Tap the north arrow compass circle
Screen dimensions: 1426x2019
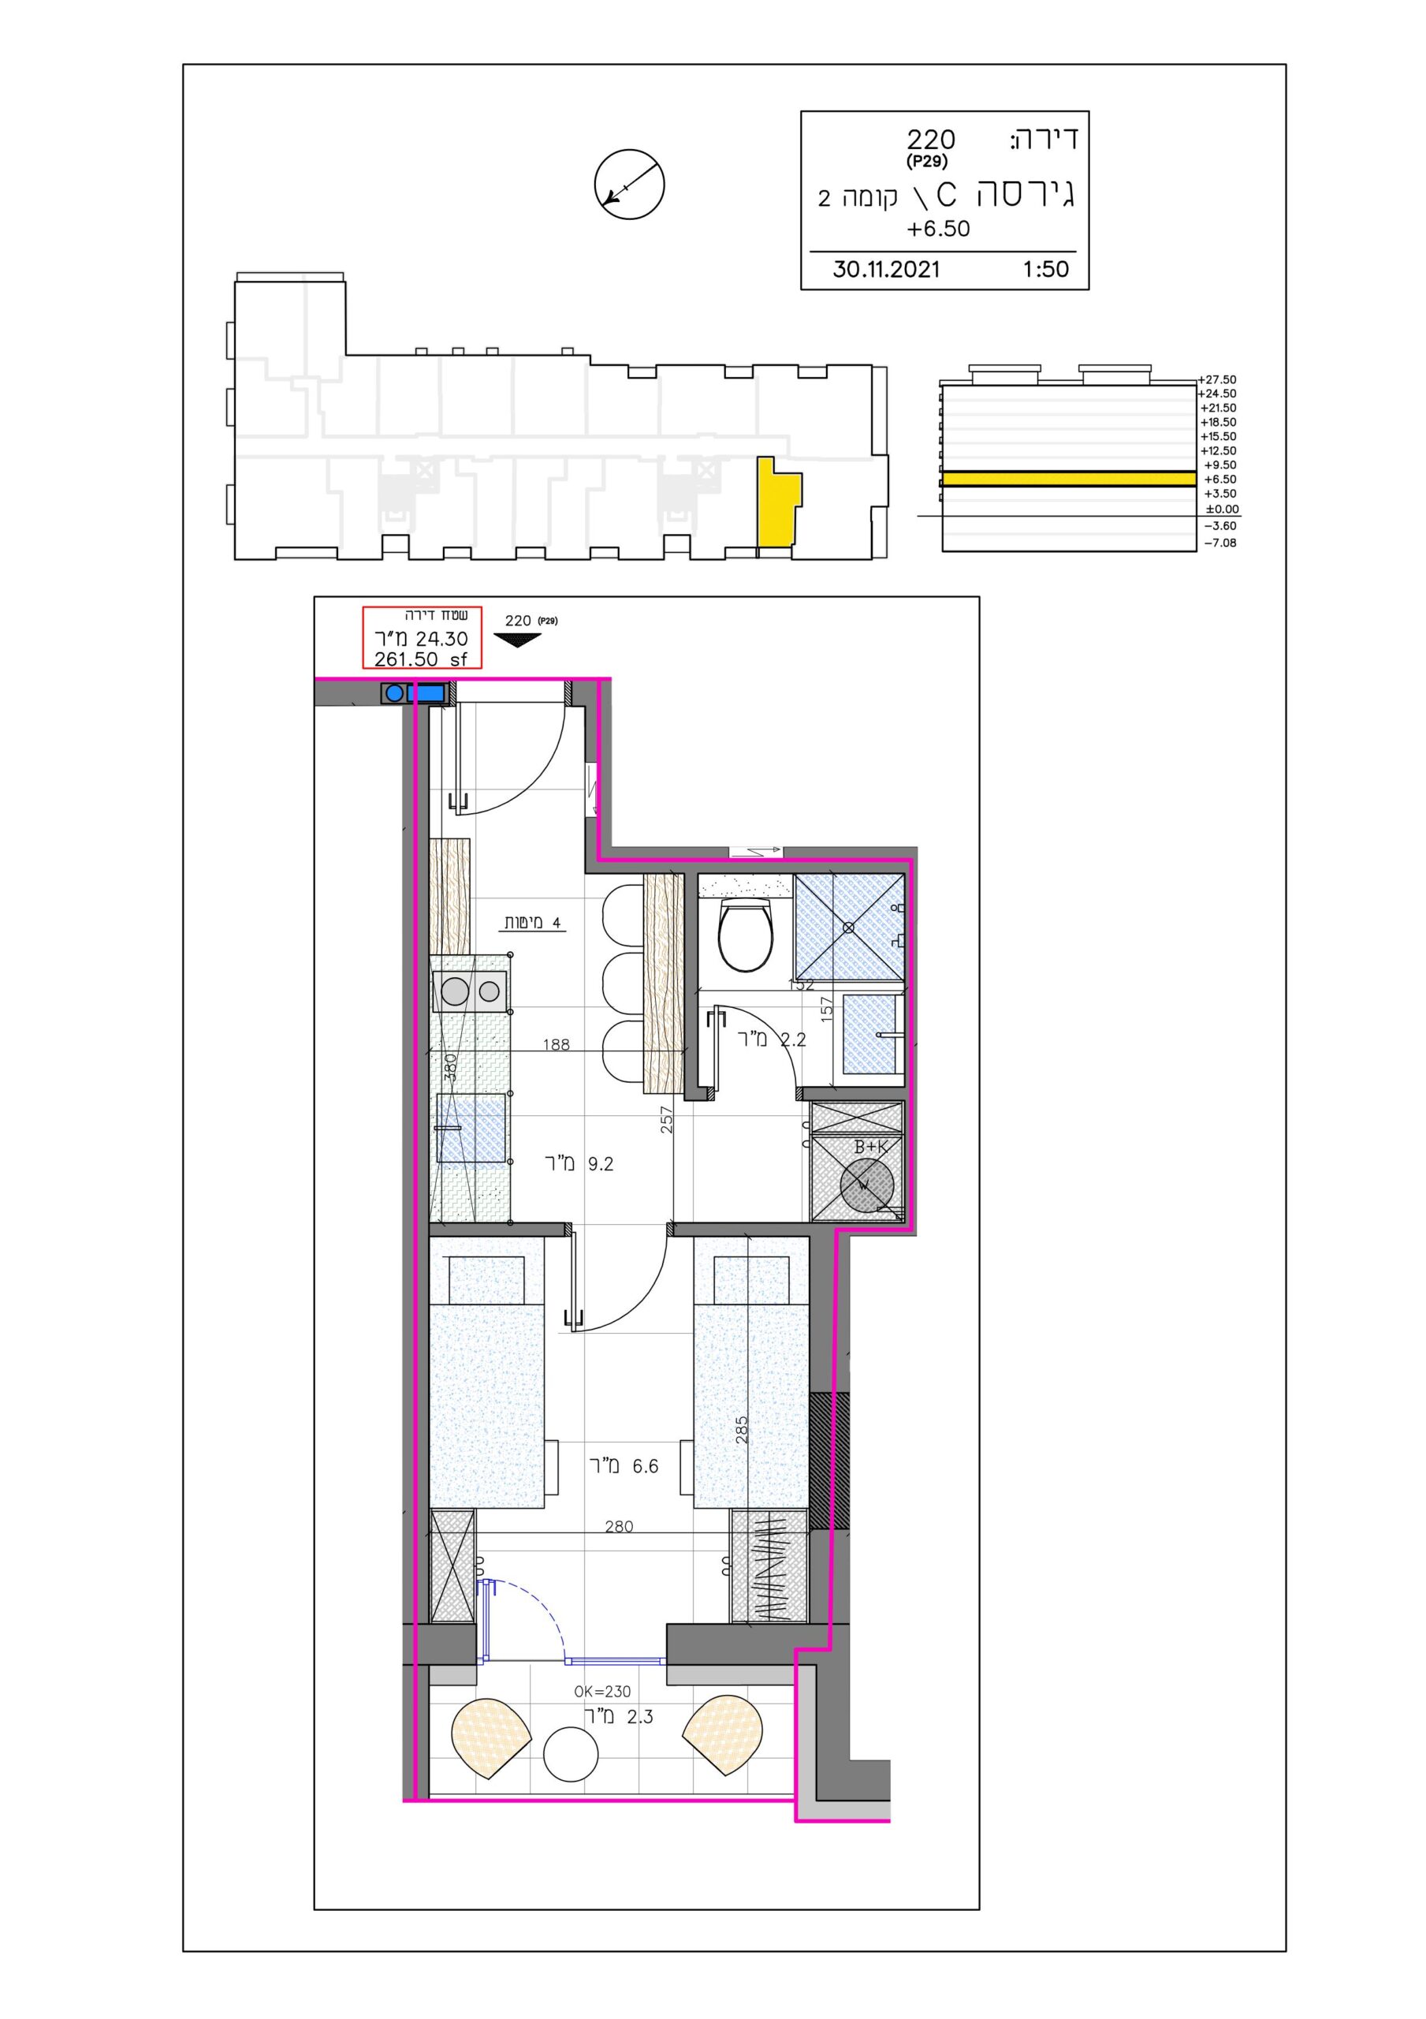(x=630, y=185)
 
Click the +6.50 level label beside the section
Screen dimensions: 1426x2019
(x=1218, y=480)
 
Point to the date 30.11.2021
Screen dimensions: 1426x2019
(x=886, y=269)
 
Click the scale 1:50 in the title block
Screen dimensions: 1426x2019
(x=1045, y=269)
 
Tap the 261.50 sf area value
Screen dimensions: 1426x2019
(x=421, y=659)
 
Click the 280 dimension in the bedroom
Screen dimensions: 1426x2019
(x=619, y=1527)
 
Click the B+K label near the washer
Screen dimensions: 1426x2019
(x=871, y=1147)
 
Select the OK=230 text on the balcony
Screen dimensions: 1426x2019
(x=602, y=1691)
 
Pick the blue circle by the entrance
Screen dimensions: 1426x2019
(x=395, y=693)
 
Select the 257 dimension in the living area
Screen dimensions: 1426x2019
(x=666, y=1118)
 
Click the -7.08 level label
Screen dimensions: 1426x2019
(x=1219, y=543)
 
